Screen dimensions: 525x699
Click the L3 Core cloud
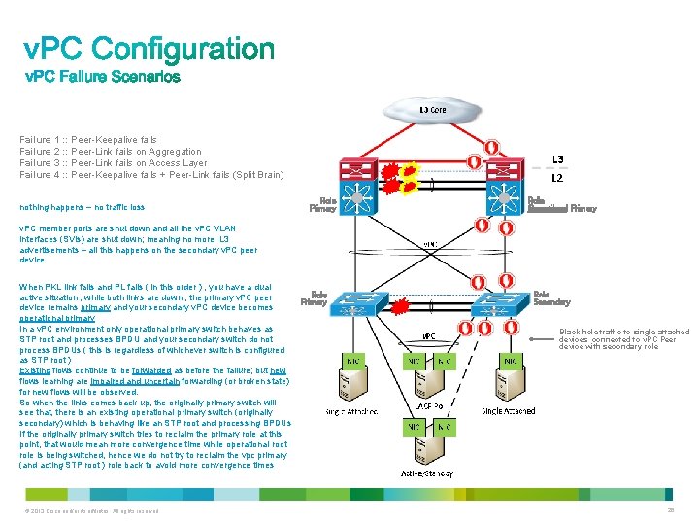coord(433,111)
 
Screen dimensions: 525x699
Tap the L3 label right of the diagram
coord(557,159)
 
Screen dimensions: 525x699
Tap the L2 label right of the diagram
coord(557,179)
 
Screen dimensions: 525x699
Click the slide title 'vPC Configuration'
coord(150,50)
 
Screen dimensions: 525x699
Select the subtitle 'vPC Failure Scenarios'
coord(102,76)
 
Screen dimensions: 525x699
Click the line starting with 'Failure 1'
coord(88,140)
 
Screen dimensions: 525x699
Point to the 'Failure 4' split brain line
coord(151,175)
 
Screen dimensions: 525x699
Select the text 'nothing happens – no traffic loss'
coord(82,207)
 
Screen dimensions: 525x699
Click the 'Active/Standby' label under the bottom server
coord(426,473)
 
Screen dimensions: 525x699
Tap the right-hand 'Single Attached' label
coord(508,411)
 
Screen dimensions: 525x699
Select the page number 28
coord(669,510)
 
